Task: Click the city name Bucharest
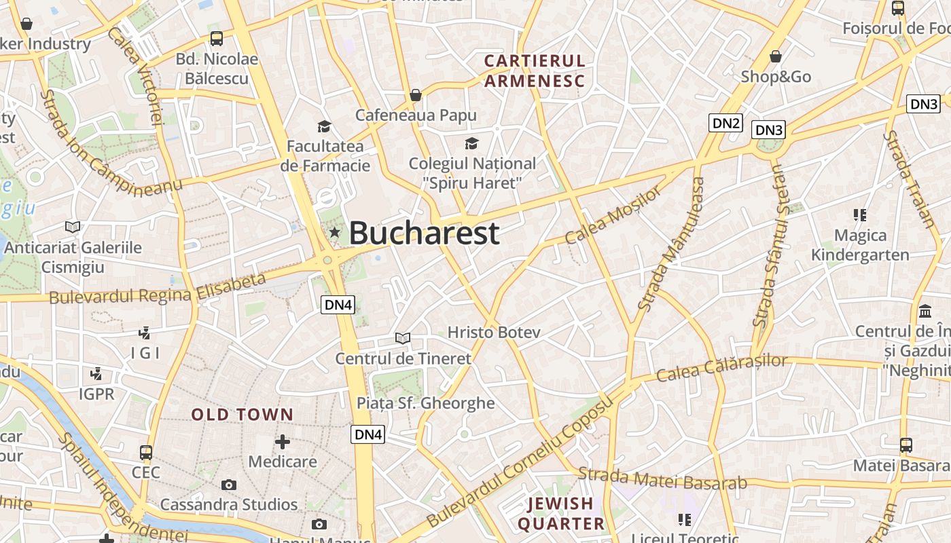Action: click(424, 233)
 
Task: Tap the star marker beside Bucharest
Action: click(334, 233)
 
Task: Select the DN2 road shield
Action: click(725, 123)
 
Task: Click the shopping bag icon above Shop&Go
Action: click(776, 56)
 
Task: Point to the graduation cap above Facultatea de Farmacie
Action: click(324, 126)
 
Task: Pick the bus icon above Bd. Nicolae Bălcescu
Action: click(217, 39)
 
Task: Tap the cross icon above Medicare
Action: click(283, 442)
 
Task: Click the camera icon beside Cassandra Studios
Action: click(229, 485)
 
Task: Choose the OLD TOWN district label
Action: click(243, 415)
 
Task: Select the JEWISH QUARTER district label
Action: click(561, 513)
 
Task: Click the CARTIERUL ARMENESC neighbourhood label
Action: click(535, 71)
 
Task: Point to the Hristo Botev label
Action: click(494, 332)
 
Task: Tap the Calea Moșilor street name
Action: click(613, 216)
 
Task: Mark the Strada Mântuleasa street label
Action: click(672, 244)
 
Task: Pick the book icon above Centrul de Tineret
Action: click(403, 338)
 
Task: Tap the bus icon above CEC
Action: click(146, 453)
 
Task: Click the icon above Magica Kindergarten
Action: click(860, 215)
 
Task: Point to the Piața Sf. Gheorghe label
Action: click(426, 403)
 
